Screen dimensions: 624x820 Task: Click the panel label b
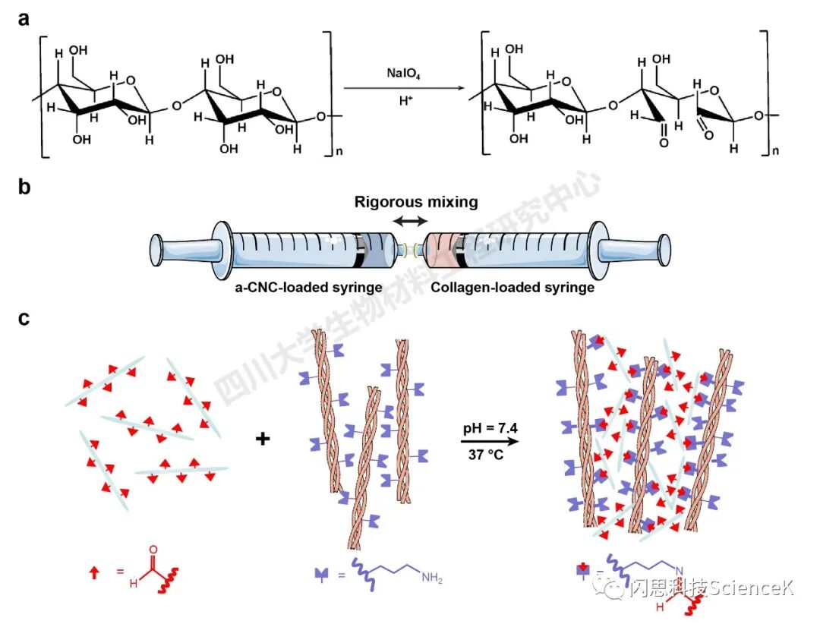tap(25, 186)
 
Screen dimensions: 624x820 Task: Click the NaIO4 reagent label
tap(403, 74)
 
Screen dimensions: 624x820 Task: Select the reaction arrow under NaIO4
tap(403, 87)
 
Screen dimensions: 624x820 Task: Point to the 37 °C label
tap(490, 455)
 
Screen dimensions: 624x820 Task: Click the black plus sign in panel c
tap(263, 438)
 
